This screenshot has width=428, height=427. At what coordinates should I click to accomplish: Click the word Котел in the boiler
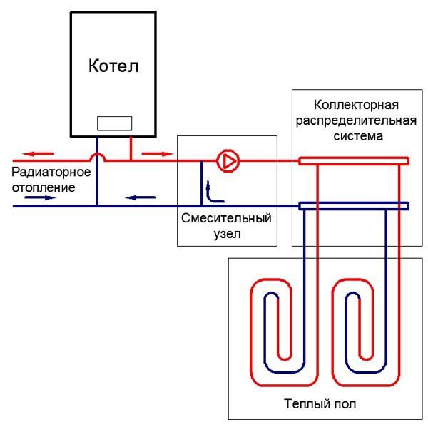point(113,67)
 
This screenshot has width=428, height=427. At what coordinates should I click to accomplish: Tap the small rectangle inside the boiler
point(113,123)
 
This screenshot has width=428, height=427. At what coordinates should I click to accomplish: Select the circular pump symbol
point(228,161)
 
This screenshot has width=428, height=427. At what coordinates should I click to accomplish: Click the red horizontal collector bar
point(353,161)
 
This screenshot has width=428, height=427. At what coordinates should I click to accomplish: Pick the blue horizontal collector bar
point(353,206)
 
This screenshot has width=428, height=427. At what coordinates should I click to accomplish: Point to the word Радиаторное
point(50,173)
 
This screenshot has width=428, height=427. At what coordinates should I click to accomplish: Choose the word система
point(352,134)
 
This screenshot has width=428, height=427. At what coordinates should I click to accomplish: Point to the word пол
point(345,404)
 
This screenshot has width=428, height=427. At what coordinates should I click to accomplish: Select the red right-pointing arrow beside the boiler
point(155,153)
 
